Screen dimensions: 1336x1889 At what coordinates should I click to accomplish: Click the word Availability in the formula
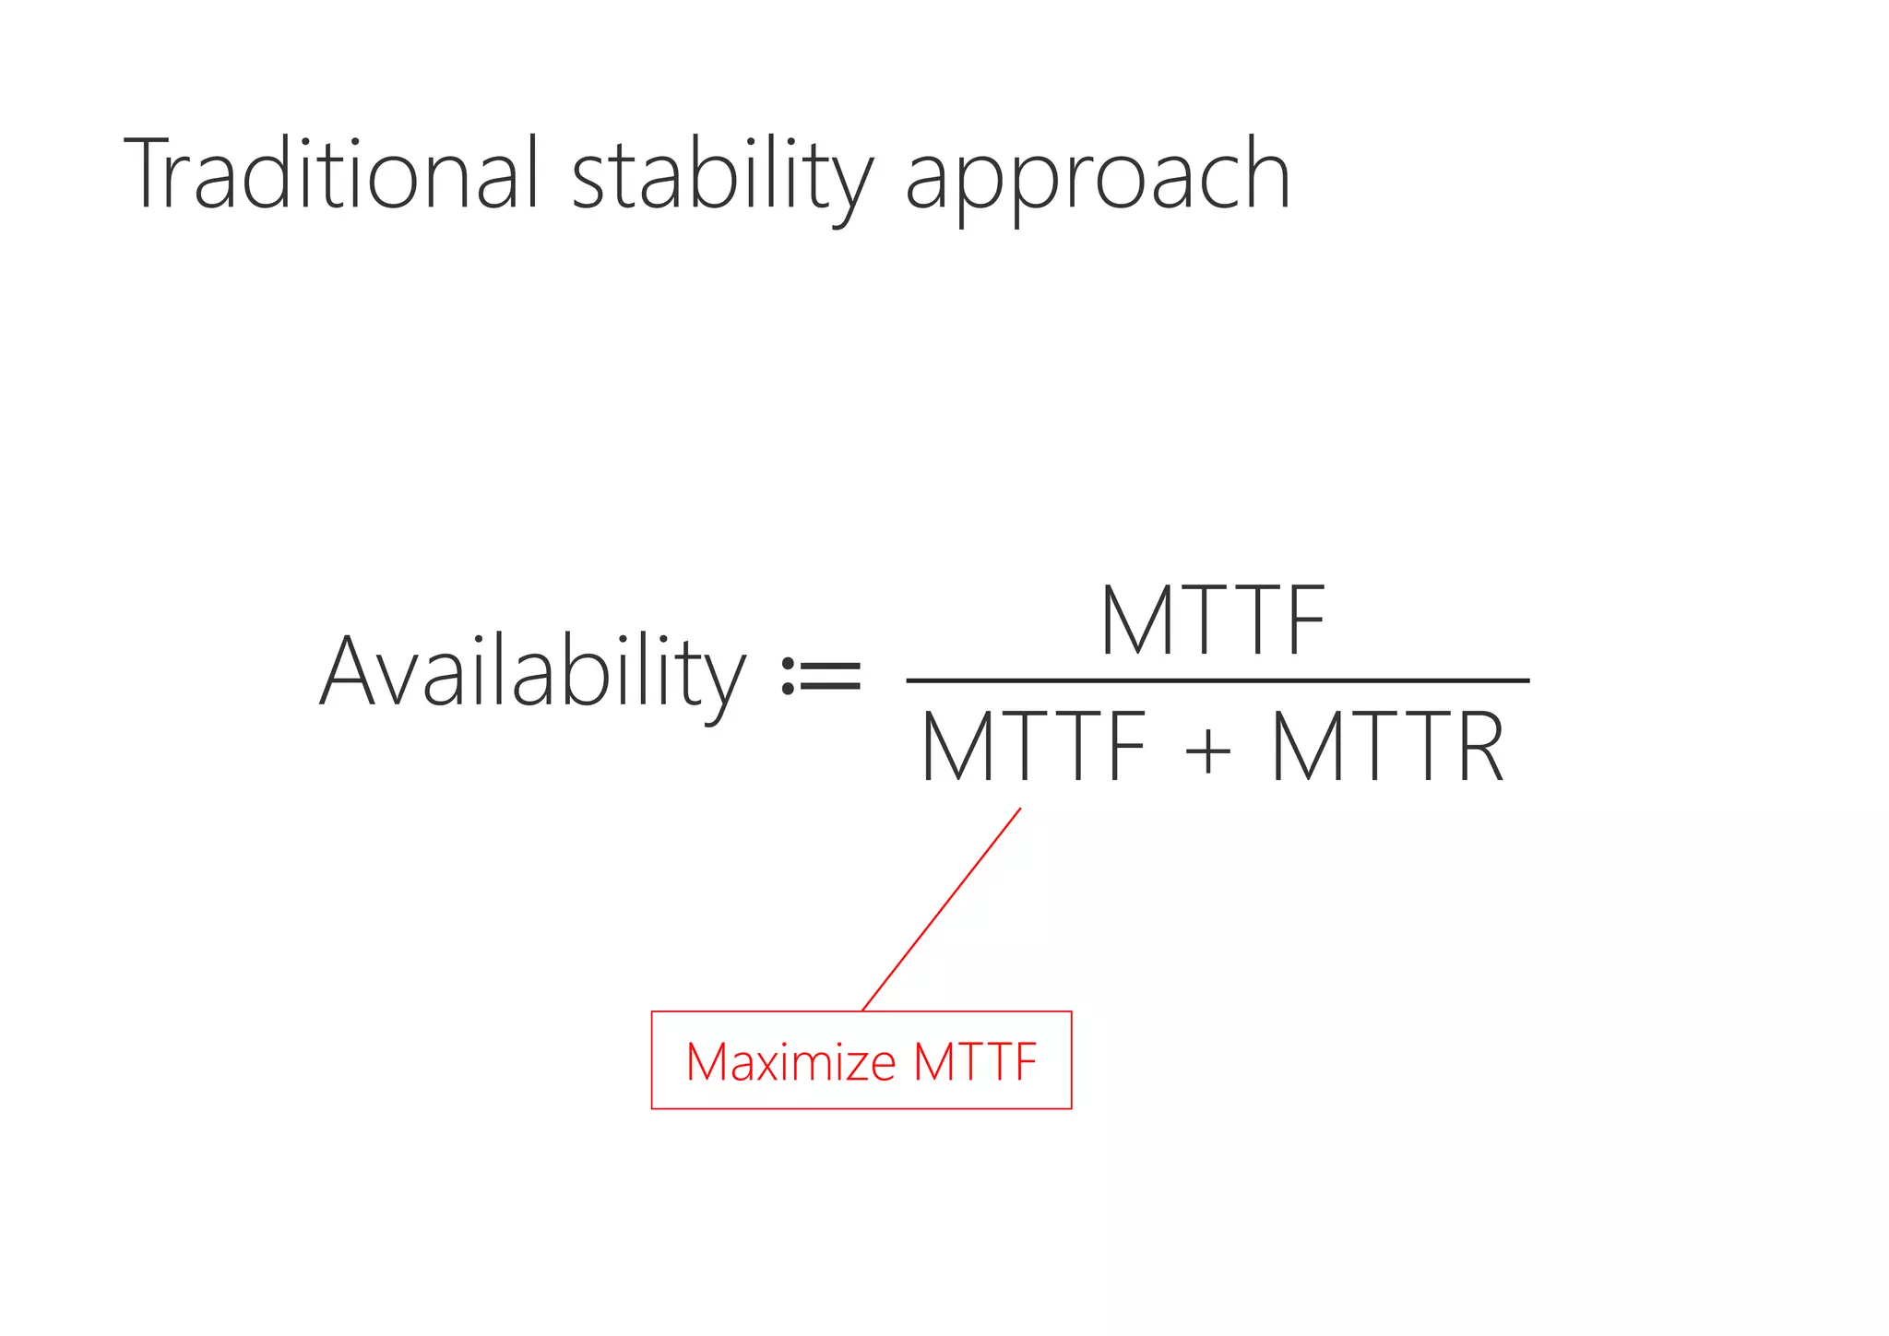[x=531, y=673]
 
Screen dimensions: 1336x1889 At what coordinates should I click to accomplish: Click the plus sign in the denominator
[x=1207, y=750]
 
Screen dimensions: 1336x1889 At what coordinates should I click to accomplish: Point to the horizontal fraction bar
[x=1218, y=680]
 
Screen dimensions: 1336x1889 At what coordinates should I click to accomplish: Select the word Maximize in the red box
[x=790, y=1061]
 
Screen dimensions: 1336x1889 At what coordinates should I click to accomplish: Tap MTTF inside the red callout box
[x=975, y=1061]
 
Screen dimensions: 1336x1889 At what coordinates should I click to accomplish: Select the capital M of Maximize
[x=708, y=1061]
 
